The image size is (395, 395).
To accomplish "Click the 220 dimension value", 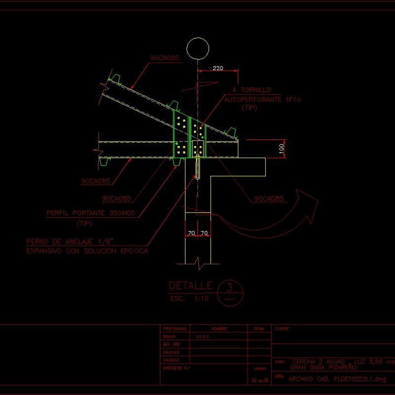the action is pyautogui.click(x=217, y=68).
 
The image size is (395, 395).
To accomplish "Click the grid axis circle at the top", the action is pyautogui.click(x=197, y=49).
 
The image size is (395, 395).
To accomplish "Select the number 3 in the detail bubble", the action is pyautogui.click(x=230, y=287).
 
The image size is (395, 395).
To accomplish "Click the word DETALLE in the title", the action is pyautogui.click(x=191, y=286).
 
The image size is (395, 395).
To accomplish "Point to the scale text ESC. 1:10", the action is pyautogui.click(x=190, y=299).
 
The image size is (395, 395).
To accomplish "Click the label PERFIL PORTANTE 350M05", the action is pyautogui.click(x=91, y=214).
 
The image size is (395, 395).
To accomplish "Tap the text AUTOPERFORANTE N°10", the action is pyautogui.click(x=263, y=100).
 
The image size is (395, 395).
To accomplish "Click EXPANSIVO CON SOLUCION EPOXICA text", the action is pyautogui.click(x=86, y=251).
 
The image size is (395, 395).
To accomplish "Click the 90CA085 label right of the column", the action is pyautogui.click(x=269, y=199).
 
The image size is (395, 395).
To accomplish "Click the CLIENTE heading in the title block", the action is pyautogui.click(x=282, y=328).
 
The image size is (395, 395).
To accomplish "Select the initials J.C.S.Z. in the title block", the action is pyautogui.click(x=203, y=336).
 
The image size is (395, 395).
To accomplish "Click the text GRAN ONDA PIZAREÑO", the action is pyautogui.click(x=323, y=368).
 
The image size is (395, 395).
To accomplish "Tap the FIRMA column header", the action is pyautogui.click(x=259, y=328).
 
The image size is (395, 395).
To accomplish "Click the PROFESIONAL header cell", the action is pyautogui.click(x=175, y=328).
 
